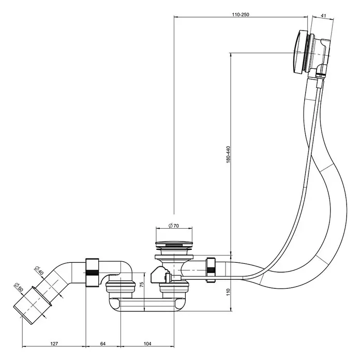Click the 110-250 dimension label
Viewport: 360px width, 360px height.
coord(241,14)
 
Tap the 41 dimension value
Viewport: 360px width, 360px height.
coord(323,16)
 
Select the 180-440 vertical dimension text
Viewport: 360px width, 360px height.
coord(228,155)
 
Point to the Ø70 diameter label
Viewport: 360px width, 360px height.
coord(174,226)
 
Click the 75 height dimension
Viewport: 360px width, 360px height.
coord(142,284)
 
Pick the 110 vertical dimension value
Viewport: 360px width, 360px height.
coord(228,292)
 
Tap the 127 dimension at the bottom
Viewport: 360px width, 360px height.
coord(54,343)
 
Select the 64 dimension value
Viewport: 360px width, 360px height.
coord(103,343)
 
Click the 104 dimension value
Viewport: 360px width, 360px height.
coord(147,343)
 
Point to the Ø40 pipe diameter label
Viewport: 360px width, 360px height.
coord(39,271)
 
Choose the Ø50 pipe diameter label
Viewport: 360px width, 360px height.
coord(19,287)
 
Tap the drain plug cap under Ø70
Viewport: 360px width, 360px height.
coord(174,244)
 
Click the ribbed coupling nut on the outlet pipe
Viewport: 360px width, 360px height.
coord(93,273)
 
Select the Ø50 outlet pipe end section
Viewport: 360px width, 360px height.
coord(33,305)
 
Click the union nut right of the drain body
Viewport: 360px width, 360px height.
coord(211,270)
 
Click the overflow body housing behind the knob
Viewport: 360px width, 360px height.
coord(320,52)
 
